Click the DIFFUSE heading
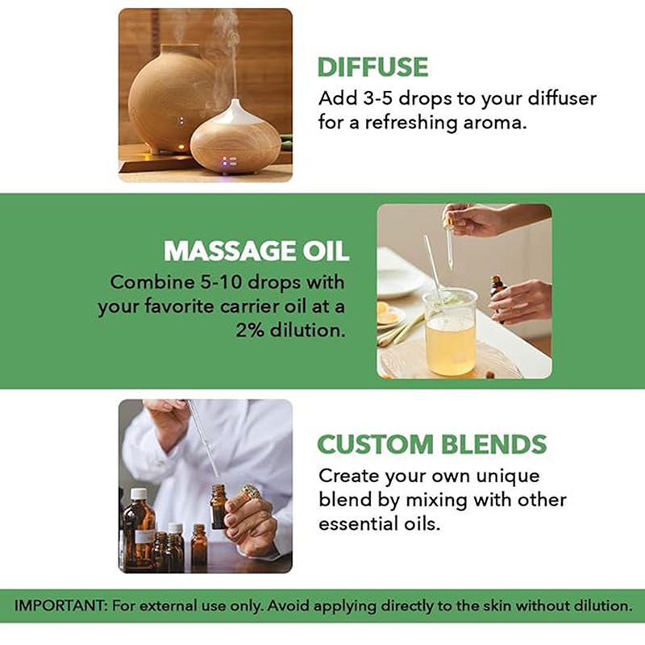click(372, 67)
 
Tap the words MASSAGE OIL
click(256, 251)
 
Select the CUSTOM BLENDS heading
click(431, 444)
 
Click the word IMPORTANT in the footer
click(59, 605)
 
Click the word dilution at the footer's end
click(597, 605)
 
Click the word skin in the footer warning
click(461, 605)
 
